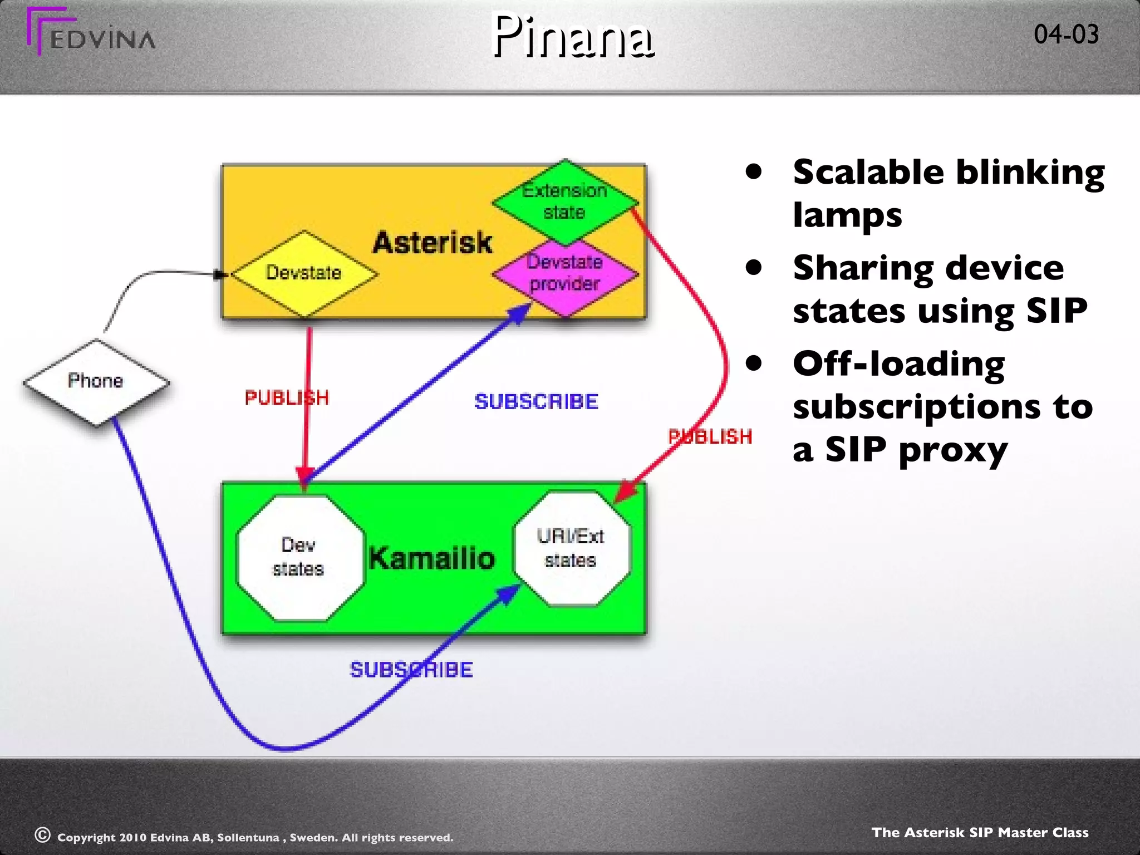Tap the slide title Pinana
(x=573, y=37)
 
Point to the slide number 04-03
(x=1066, y=35)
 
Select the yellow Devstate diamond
(x=304, y=273)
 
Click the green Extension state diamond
(x=564, y=202)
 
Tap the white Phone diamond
(x=96, y=381)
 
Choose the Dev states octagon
(x=299, y=557)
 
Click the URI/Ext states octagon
(x=571, y=548)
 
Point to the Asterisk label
(x=433, y=243)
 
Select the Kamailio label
(x=432, y=558)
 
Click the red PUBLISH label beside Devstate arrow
(x=287, y=398)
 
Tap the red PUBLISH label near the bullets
(x=710, y=437)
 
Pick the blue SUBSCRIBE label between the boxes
(x=536, y=402)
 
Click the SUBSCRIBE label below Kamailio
(x=411, y=670)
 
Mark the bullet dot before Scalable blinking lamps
(x=754, y=172)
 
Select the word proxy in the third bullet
(x=953, y=450)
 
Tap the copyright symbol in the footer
(x=42, y=834)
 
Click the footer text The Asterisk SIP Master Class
(x=980, y=832)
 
